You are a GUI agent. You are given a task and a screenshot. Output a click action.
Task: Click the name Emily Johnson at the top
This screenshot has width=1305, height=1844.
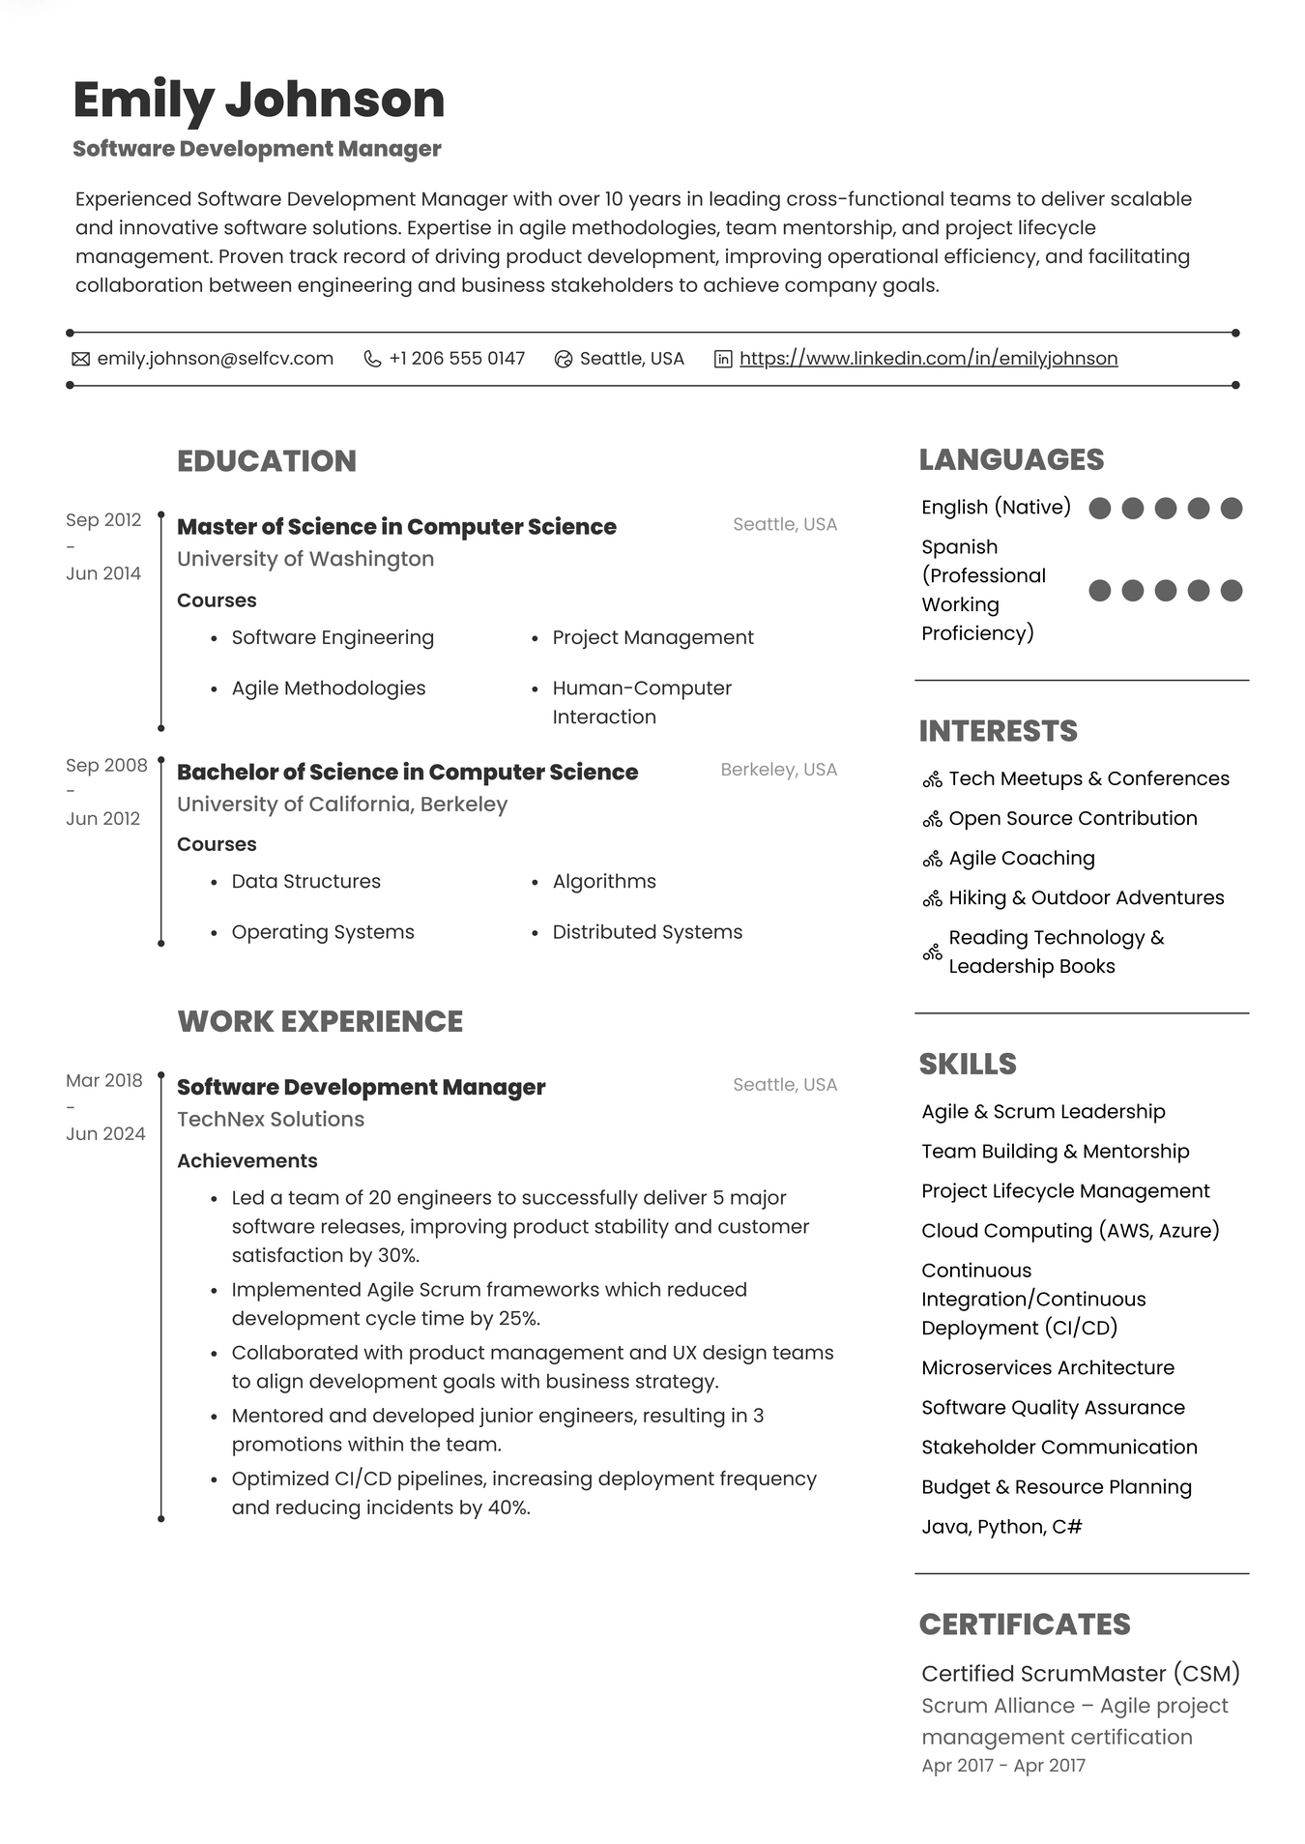(x=258, y=100)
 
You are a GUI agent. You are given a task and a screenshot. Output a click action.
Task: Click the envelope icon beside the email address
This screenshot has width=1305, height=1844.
(x=81, y=359)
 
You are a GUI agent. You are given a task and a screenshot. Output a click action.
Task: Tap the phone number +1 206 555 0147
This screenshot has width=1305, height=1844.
(x=456, y=359)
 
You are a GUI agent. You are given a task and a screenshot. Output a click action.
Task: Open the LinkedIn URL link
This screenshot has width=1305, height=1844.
(x=928, y=359)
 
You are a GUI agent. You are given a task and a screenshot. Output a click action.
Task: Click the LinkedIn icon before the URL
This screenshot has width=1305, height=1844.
(x=723, y=359)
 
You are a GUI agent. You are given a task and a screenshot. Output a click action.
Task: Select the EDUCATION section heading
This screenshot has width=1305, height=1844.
(x=267, y=461)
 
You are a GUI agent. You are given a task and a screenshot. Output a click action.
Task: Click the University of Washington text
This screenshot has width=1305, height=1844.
(x=305, y=559)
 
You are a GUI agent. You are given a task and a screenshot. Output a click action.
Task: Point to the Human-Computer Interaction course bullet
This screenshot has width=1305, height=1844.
(x=642, y=702)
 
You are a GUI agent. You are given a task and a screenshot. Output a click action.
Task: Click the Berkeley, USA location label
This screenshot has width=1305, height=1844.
(x=778, y=770)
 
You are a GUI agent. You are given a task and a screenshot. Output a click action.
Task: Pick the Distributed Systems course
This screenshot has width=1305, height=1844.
(x=647, y=932)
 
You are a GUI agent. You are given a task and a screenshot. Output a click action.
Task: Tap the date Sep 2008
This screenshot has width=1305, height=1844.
(x=106, y=766)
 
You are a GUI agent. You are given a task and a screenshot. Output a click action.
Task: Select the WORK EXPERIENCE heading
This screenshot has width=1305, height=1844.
(x=320, y=1022)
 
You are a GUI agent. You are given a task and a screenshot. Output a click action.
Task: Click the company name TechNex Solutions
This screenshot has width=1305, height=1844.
(x=271, y=1120)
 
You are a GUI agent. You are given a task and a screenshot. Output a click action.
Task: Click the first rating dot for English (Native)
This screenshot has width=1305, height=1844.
(x=1099, y=509)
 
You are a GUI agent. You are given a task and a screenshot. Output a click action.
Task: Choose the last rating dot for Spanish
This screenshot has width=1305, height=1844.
(x=1231, y=591)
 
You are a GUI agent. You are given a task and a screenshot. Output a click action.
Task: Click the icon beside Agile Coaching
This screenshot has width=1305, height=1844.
(x=932, y=859)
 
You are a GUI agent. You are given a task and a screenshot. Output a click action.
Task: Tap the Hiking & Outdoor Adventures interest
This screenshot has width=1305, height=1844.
(x=1086, y=898)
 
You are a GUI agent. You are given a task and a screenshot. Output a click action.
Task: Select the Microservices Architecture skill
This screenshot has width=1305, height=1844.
(x=1048, y=1368)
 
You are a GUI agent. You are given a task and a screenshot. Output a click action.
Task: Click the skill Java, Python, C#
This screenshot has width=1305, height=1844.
(x=1001, y=1527)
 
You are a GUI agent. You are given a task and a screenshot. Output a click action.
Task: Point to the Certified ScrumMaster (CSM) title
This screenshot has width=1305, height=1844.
(x=1080, y=1674)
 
